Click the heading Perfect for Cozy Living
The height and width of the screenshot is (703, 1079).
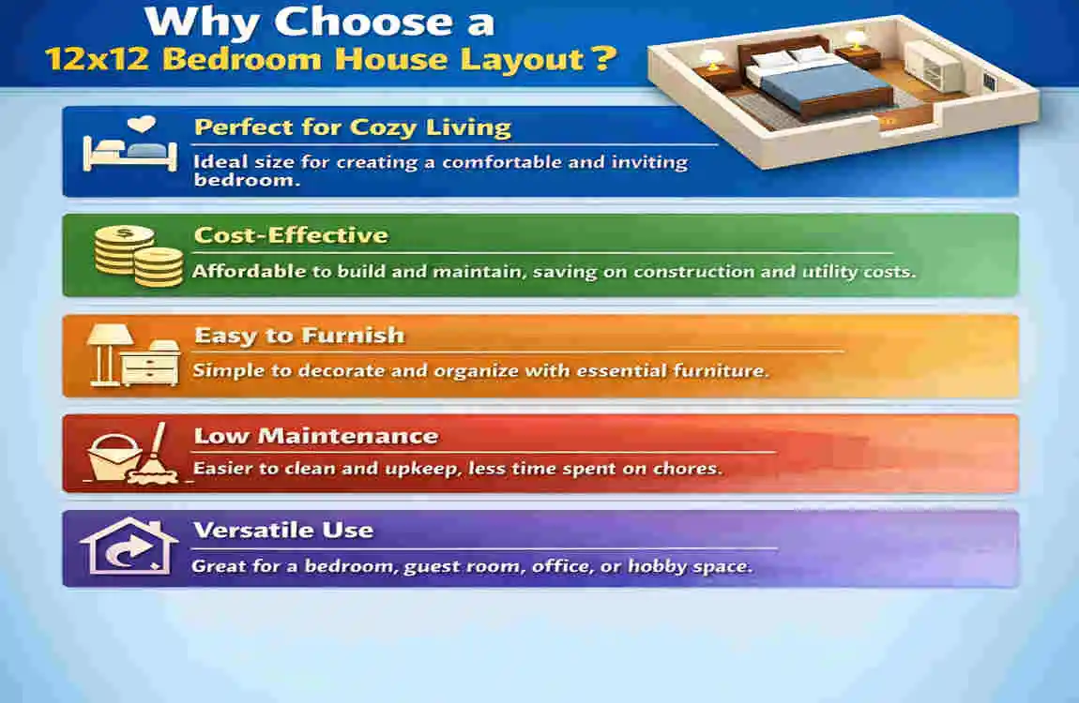(x=352, y=128)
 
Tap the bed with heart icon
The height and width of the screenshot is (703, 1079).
(x=129, y=146)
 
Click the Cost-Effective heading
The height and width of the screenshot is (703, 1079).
(x=291, y=235)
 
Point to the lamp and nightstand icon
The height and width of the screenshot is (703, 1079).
(x=134, y=357)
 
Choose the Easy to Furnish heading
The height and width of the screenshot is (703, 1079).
(x=298, y=336)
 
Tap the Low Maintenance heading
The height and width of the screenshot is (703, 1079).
(x=315, y=436)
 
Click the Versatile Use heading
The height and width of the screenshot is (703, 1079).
(x=282, y=531)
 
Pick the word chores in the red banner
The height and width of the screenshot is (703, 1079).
(x=691, y=468)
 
